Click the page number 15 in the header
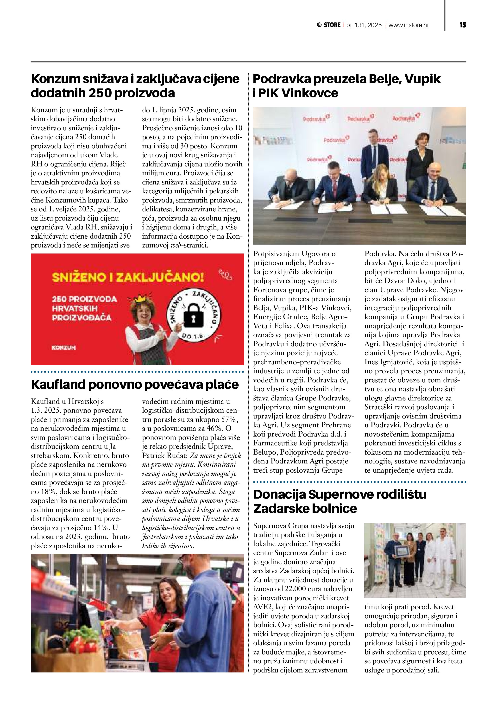click(463, 25)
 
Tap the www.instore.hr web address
click(409, 25)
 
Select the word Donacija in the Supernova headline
click(279, 494)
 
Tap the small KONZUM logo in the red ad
click(64, 348)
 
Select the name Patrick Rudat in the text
click(163, 455)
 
